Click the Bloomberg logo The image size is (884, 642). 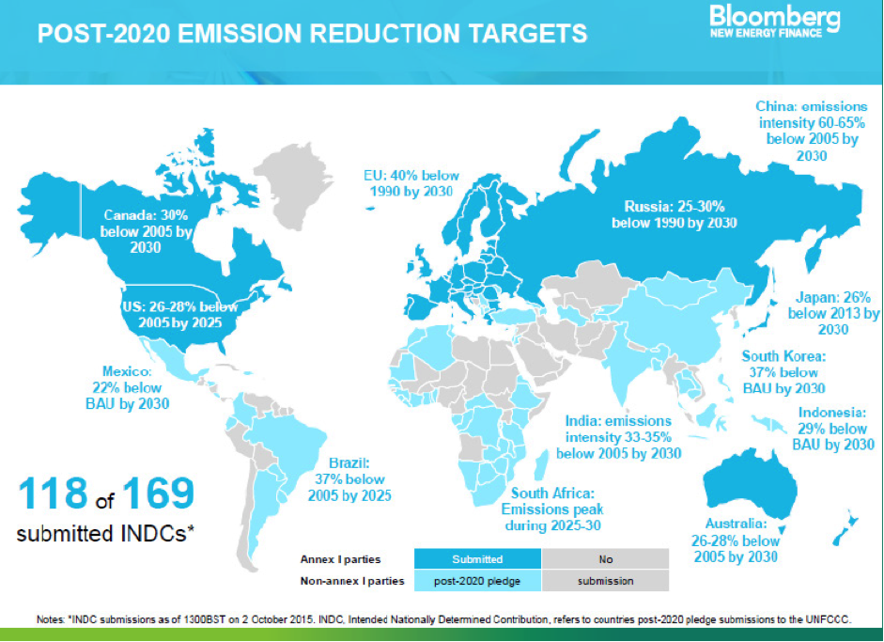coord(775,22)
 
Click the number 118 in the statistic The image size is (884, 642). coord(53,493)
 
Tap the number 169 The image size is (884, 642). coord(159,493)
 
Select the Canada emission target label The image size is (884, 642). coord(146,231)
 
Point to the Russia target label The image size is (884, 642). coord(675,214)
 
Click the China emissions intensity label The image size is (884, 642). coord(812,131)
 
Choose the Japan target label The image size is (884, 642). coord(833,313)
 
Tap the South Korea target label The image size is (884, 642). coord(783,372)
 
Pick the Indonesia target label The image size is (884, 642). coord(832,429)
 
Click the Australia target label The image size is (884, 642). coord(736,540)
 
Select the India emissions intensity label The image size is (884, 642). coord(618,437)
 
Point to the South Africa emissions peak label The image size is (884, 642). coord(552,509)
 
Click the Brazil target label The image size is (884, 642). coord(349,479)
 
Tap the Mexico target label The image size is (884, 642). coord(128,387)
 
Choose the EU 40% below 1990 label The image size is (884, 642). coord(411,183)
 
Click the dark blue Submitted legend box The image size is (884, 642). coord(477,559)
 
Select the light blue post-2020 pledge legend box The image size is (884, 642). coord(477,581)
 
